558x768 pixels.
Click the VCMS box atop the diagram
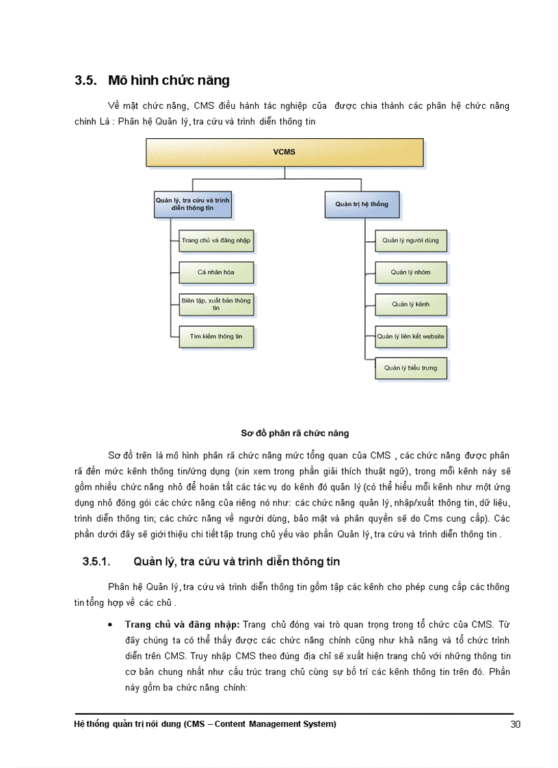(284, 152)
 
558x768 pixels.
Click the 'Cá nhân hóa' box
(216, 272)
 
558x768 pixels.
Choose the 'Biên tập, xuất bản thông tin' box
(216, 304)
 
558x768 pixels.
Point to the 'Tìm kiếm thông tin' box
(216, 336)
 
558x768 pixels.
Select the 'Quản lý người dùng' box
(410, 241)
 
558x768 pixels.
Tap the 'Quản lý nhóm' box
(410, 272)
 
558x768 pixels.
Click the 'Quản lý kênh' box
(410, 304)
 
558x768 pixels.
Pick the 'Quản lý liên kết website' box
(410, 336)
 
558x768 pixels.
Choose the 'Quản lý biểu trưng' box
(410, 368)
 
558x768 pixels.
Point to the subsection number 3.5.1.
(96, 562)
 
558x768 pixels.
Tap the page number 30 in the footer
(516, 724)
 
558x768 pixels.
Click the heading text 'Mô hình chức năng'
(168, 81)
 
